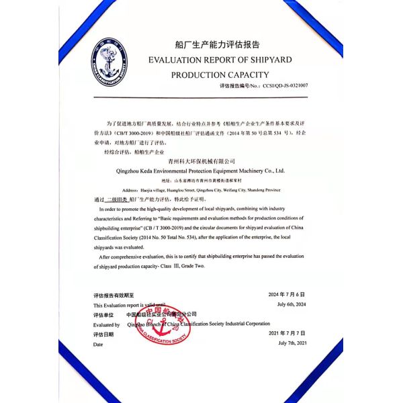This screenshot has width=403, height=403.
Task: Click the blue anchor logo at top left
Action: (x=109, y=63)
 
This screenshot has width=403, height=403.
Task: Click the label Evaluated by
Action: (x=107, y=324)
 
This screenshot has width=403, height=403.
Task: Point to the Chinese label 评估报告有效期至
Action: (x=114, y=295)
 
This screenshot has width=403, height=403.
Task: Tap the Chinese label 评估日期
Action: (x=104, y=334)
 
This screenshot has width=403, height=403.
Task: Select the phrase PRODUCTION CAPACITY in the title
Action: (x=220, y=75)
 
